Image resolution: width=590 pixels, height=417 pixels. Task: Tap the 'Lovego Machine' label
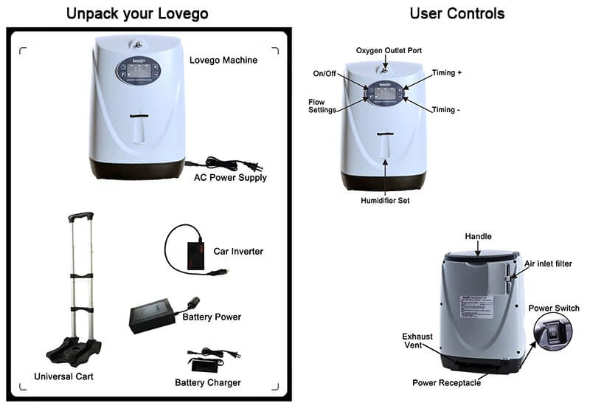(223, 60)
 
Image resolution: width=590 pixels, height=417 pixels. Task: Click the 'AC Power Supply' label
(230, 177)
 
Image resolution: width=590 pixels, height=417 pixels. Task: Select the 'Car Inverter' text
(237, 252)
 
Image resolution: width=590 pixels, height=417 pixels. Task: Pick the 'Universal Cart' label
(63, 376)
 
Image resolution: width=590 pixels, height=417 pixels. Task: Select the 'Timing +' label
(447, 73)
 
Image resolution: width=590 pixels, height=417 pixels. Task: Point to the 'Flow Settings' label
(322, 106)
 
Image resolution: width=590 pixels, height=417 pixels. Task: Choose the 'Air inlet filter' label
(547, 263)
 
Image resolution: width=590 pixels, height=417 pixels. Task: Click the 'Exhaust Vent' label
(417, 340)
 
